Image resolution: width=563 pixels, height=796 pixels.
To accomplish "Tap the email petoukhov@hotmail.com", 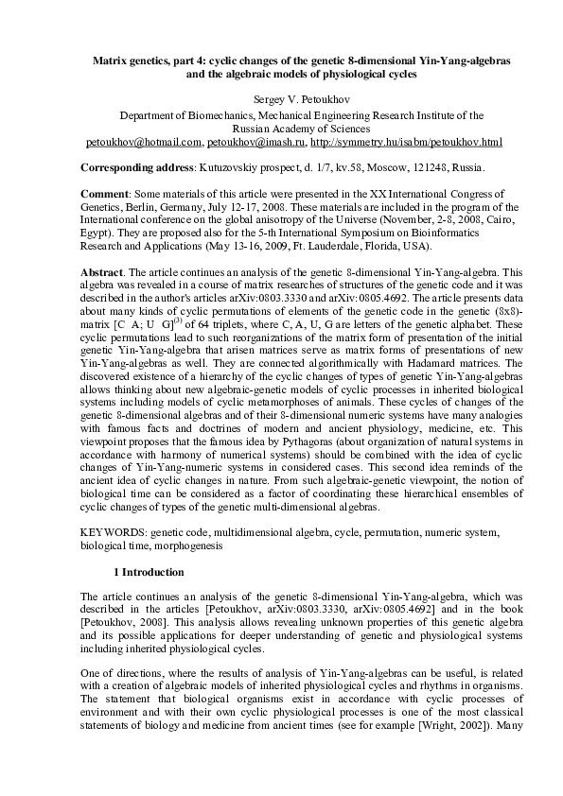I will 142,142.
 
